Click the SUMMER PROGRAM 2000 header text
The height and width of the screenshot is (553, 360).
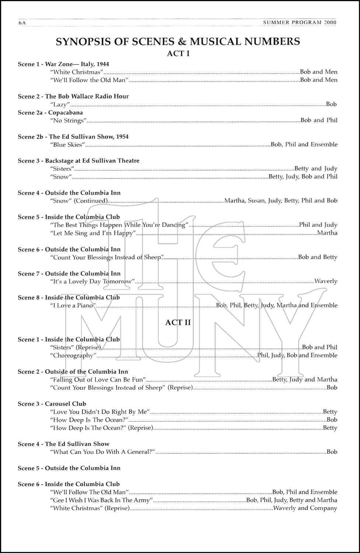pyautogui.click(x=300, y=23)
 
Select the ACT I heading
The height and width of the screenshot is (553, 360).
pyautogui.click(x=178, y=53)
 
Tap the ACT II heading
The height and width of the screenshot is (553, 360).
pyautogui.click(x=178, y=322)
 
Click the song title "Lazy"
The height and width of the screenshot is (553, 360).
pyautogui.click(x=60, y=105)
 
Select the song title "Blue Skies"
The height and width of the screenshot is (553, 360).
pyautogui.click(x=67, y=145)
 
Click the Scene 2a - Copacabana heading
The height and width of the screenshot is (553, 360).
pyautogui.click(x=50, y=112)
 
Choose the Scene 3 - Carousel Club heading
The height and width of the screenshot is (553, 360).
pyautogui.click(x=52, y=404)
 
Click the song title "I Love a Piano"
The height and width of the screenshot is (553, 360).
pyautogui.click(x=73, y=306)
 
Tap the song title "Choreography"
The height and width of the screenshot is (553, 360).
pyautogui.click(x=73, y=356)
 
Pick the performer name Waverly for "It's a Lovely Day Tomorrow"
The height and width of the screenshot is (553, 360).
pyautogui.click(x=326, y=281)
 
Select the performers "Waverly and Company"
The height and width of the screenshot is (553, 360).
pyautogui.click(x=305, y=508)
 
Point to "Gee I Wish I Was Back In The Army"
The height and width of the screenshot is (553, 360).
pyautogui.click(x=101, y=500)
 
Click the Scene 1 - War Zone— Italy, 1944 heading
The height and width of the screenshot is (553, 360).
pyautogui.click(x=63, y=64)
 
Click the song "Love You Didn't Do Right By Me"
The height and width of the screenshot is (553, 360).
pyautogui.click(x=100, y=412)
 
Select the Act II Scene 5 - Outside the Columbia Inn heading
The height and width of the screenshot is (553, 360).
pyautogui.click(x=69, y=468)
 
